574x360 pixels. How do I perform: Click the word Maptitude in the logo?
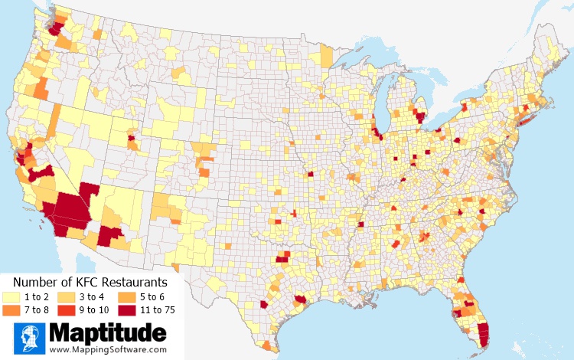(x=107, y=333)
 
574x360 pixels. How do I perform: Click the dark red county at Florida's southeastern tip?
(x=482, y=334)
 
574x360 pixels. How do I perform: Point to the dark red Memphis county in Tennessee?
(x=360, y=224)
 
